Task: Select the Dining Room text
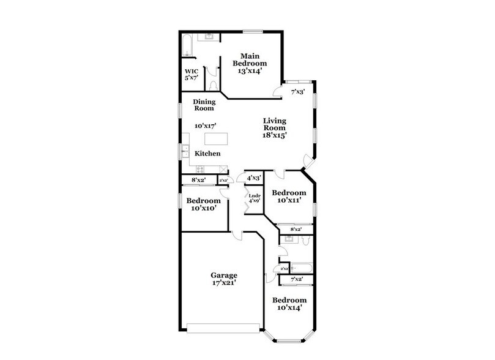point(203,105)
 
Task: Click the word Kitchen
point(207,153)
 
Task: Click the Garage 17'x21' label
point(224,279)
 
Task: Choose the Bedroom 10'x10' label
point(203,204)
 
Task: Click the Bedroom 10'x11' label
point(289,195)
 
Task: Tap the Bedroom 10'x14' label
point(289,304)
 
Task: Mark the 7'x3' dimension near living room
point(298,92)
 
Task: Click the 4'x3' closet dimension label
point(254,178)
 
